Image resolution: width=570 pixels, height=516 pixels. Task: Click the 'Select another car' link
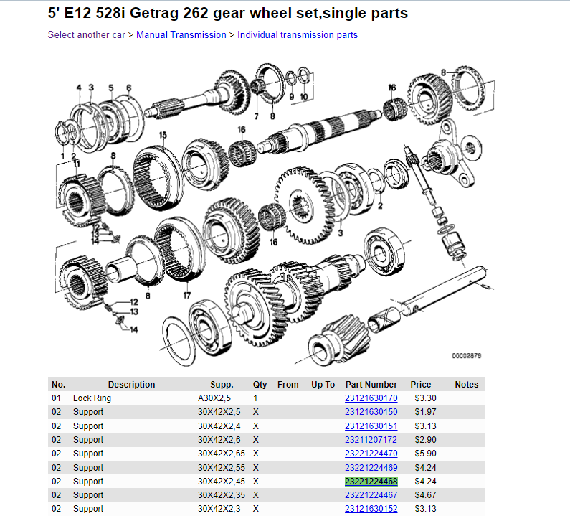coord(86,35)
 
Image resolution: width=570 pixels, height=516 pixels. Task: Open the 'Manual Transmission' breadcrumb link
coord(181,35)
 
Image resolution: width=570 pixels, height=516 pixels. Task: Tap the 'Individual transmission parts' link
coord(298,35)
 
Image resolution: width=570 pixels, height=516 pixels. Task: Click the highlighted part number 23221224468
coord(371,482)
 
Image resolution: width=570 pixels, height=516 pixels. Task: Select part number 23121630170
coord(371,398)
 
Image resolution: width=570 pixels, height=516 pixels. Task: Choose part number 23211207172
coord(371,440)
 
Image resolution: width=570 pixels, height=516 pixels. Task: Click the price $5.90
coord(425,454)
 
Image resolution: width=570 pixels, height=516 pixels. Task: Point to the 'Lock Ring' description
coord(92,398)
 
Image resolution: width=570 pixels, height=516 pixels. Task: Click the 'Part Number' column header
coord(371,384)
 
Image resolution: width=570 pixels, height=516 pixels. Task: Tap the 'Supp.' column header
coord(222,385)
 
